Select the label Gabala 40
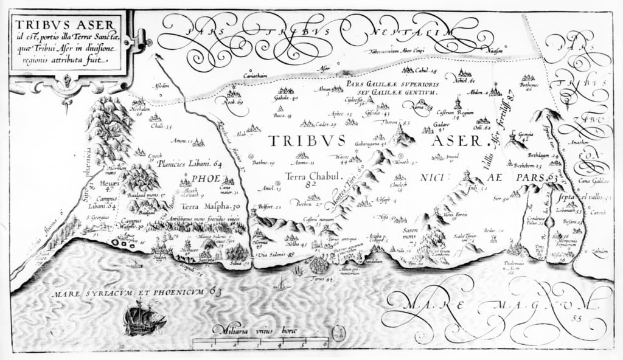click(286, 98)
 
